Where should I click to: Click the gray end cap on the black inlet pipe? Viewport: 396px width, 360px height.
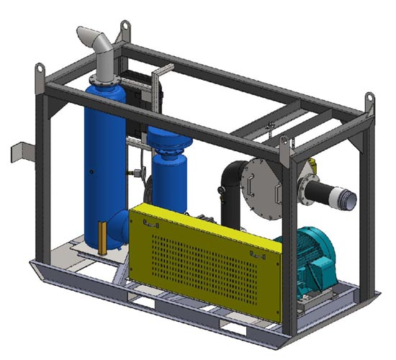tap(350, 199)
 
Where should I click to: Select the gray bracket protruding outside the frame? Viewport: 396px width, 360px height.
tap(19, 153)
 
